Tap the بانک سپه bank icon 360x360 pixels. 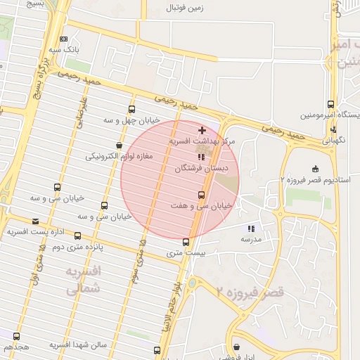65,39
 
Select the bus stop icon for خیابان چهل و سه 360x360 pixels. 131,109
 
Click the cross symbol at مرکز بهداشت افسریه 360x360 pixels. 202,130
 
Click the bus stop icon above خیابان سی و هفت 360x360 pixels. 202,194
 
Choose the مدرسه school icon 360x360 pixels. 251,229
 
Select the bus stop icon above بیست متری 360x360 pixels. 186,242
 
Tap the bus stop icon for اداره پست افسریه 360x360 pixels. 77,236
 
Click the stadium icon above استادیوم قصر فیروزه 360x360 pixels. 315,168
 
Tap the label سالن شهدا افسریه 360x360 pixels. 77,345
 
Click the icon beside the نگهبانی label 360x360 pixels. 333,129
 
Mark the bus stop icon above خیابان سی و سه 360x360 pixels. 57,187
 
